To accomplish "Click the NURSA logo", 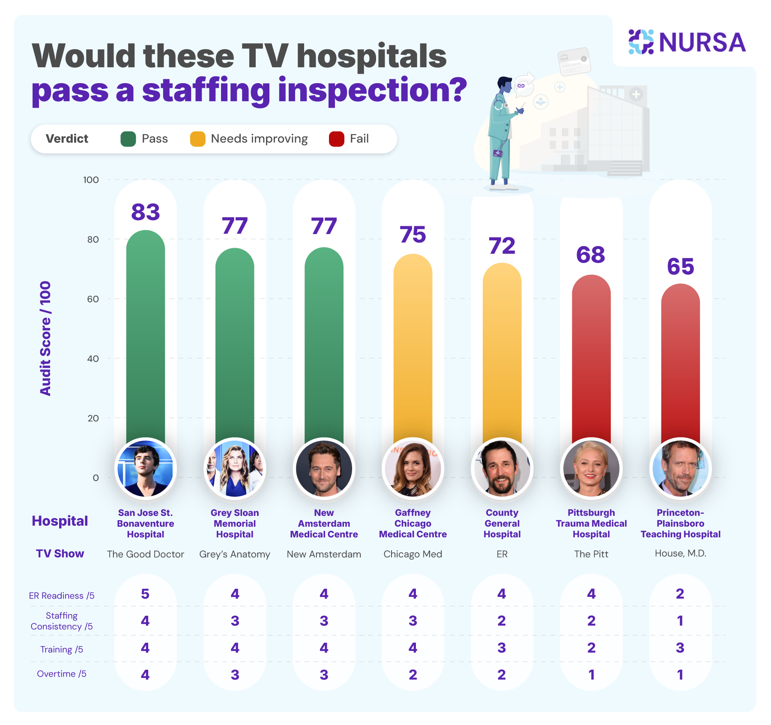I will coord(687,42).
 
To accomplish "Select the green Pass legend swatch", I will coord(128,139).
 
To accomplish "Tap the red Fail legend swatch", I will coord(336,139).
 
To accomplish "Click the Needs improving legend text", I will coord(259,139).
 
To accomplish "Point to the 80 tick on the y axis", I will coord(93,240).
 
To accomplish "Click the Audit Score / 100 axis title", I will coord(45,339).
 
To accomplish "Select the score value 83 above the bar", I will coord(146,212).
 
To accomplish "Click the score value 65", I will coord(680,267).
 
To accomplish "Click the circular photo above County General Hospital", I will coord(502,468).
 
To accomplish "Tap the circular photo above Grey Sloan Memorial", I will coord(235,468).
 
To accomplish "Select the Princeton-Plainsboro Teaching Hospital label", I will coord(680,524).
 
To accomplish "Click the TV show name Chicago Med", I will coord(412,554).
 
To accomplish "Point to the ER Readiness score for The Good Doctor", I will coord(145,594).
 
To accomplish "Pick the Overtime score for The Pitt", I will coord(591,675).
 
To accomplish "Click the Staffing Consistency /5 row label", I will coord(61,621).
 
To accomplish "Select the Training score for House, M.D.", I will coord(680,648).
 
